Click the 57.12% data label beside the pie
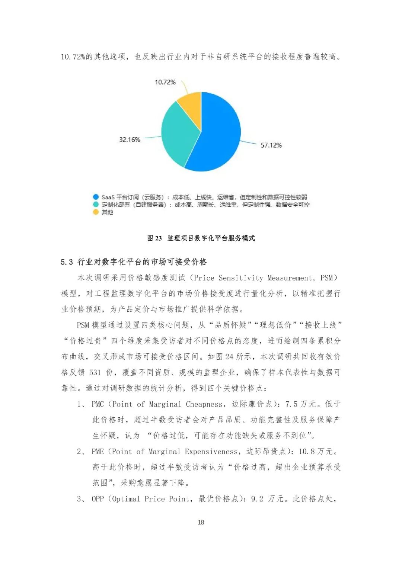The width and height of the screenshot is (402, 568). pyautogui.click(x=271, y=145)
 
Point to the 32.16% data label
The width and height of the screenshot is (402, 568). pyautogui.click(x=130, y=139)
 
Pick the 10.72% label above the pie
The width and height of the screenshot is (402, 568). pyautogui.click(x=165, y=82)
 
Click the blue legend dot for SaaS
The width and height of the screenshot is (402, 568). pyautogui.click(x=96, y=197)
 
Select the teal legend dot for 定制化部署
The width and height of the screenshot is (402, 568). pyautogui.click(x=96, y=205)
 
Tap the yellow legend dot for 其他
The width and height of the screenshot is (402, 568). pyautogui.click(x=96, y=212)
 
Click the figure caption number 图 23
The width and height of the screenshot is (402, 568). pyautogui.click(x=154, y=238)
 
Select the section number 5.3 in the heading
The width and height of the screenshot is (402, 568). pyautogui.click(x=67, y=262)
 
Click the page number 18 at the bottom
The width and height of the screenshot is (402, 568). pyautogui.click(x=201, y=522)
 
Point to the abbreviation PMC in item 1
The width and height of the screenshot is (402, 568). pyautogui.click(x=98, y=404)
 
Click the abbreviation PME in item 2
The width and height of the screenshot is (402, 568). pyautogui.click(x=98, y=452)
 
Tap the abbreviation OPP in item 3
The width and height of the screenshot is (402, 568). pyautogui.click(x=98, y=499)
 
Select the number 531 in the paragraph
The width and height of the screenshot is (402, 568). pyautogui.click(x=95, y=372)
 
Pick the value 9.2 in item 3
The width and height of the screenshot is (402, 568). pyautogui.click(x=257, y=499)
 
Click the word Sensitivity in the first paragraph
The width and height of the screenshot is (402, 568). pyautogui.click(x=241, y=278)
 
